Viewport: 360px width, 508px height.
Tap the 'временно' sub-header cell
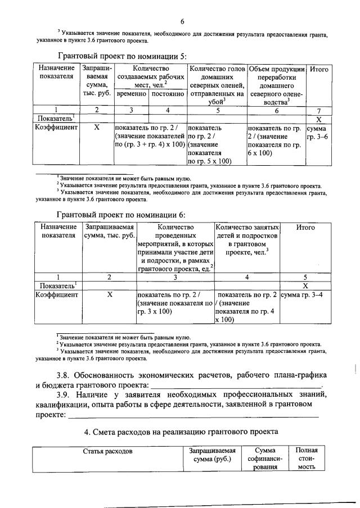[131, 94]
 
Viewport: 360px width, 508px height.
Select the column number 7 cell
[318, 110]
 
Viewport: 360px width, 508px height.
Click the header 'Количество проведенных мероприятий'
[175, 248]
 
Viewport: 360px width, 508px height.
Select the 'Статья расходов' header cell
[107, 451]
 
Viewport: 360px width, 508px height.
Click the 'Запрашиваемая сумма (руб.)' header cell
[211, 455]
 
